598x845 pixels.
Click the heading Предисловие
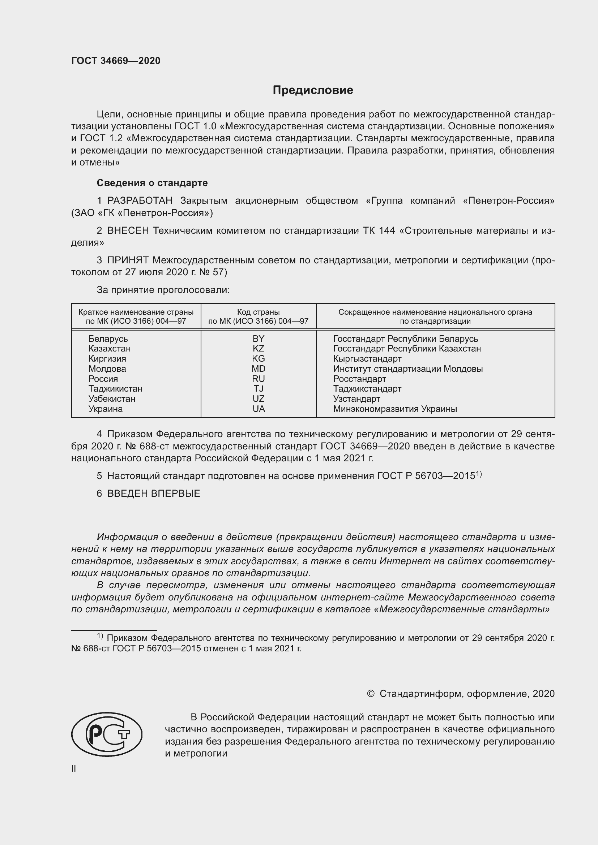pyautogui.click(x=313, y=90)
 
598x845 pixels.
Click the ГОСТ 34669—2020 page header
pyautogui.click(x=116, y=61)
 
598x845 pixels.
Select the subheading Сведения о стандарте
pyautogui.click(x=152, y=183)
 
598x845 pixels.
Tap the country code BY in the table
pyautogui.click(x=259, y=339)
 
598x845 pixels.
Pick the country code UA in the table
pyautogui.click(x=259, y=409)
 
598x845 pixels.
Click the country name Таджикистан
pyautogui.click(x=115, y=389)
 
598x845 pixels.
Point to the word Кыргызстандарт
pyautogui.click(x=367, y=358)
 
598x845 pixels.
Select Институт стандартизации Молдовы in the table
pyautogui.click(x=407, y=369)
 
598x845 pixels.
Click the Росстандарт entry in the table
pyautogui.click(x=359, y=379)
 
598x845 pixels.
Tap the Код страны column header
pyautogui.click(x=258, y=312)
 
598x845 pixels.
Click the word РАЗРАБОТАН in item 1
pyautogui.click(x=140, y=201)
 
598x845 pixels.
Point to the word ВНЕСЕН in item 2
pyautogui.click(x=128, y=231)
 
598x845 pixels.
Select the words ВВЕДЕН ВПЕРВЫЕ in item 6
pyautogui.click(x=154, y=493)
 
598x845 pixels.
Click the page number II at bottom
pyautogui.click(x=74, y=768)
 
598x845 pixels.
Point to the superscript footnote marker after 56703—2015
pyautogui.click(x=479, y=474)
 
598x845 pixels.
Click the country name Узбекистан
pyautogui.click(x=112, y=399)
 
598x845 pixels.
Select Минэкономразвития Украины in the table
pyautogui.click(x=395, y=409)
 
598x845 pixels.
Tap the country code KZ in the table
pyautogui.click(x=259, y=349)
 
